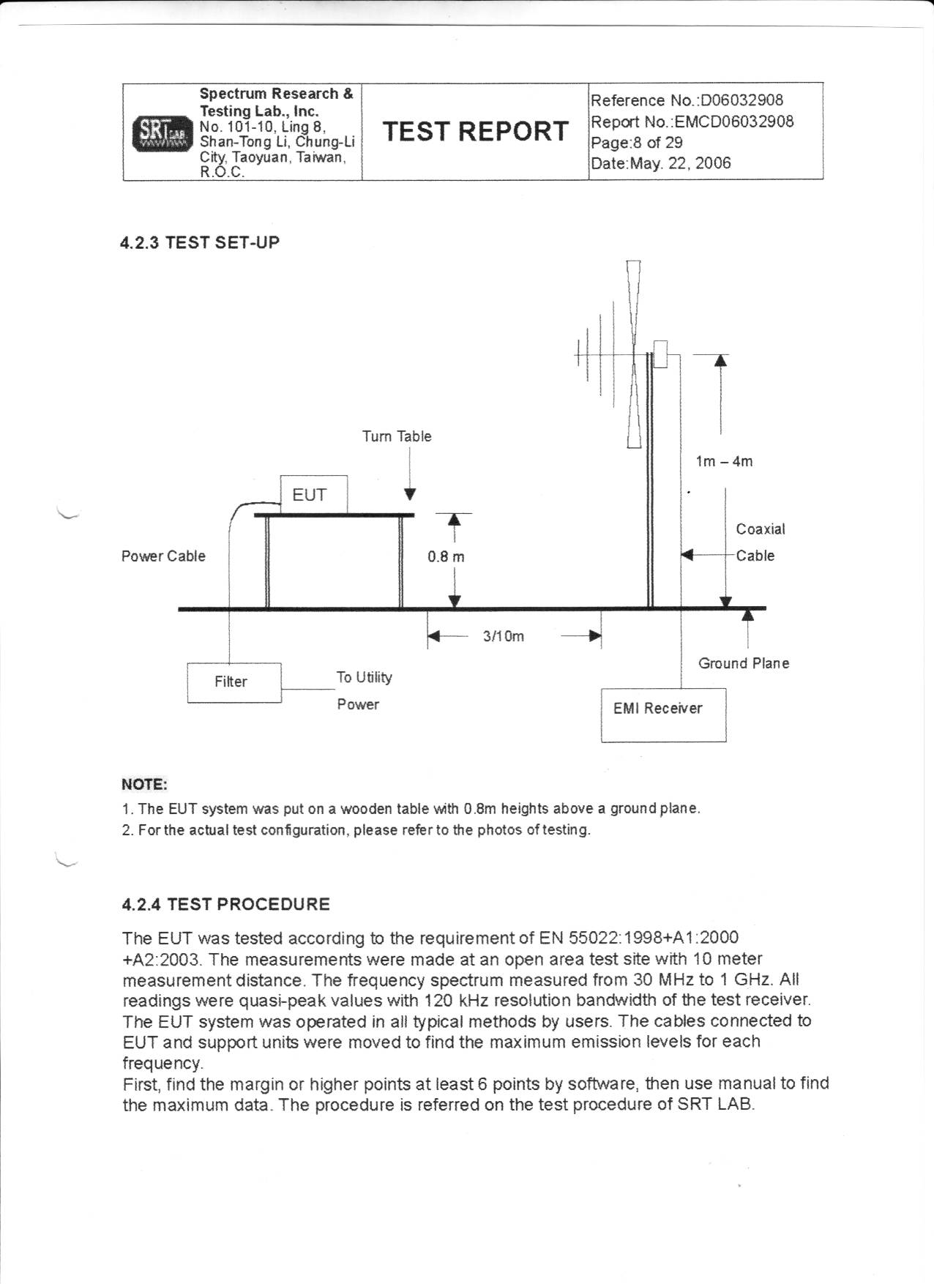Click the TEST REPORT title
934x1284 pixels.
point(475,131)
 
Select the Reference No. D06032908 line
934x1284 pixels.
point(687,100)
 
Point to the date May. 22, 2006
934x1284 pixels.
point(660,163)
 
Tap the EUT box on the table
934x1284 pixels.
point(314,495)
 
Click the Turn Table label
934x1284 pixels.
point(397,436)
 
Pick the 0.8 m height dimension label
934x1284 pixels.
point(446,556)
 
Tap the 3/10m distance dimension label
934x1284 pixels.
point(504,636)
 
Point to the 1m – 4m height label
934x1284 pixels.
point(724,461)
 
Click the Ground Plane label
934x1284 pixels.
point(744,663)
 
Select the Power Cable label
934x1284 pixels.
point(163,556)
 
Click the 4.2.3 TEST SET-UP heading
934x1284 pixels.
point(200,242)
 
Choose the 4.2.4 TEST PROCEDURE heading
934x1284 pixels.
point(225,904)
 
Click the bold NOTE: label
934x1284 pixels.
point(144,785)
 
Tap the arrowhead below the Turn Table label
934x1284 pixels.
point(411,494)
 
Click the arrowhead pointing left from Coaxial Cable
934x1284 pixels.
point(687,555)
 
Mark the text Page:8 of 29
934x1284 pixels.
point(636,142)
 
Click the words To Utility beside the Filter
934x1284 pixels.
point(364,677)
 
